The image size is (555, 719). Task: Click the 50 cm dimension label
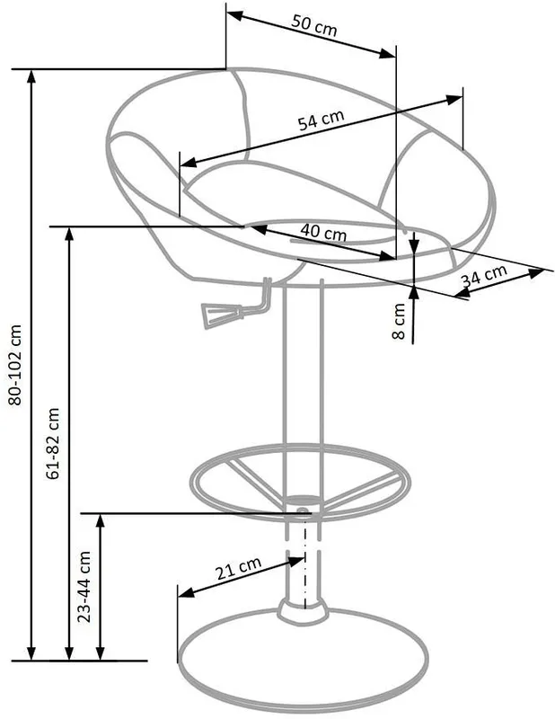314,25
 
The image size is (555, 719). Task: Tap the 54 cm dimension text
321,120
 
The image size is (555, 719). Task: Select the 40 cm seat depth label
323,233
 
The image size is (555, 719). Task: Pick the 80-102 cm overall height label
15,365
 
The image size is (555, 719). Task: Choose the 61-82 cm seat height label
53,443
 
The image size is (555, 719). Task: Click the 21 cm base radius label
238,568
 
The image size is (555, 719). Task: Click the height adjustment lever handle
223,315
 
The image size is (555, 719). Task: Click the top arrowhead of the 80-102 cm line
31,77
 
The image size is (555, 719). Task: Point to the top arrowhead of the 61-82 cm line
69,235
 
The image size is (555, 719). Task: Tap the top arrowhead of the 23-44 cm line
101,522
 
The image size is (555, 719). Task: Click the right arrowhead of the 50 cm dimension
387,54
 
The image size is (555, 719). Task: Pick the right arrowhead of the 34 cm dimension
536,274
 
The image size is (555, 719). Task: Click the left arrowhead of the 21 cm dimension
186,592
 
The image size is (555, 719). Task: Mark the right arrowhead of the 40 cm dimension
388,256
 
